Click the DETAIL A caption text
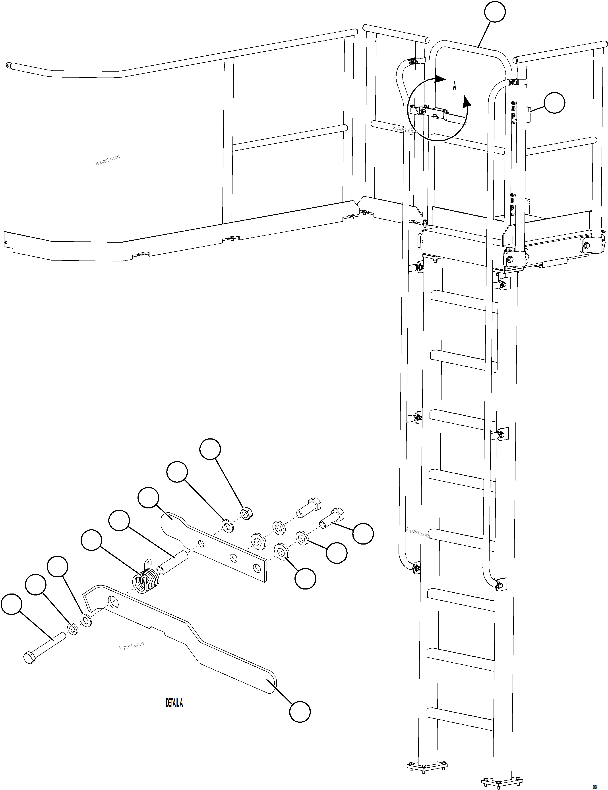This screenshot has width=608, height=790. point(174,703)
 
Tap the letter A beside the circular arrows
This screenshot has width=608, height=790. point(454,86)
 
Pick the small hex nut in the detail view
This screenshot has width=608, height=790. point(246,513)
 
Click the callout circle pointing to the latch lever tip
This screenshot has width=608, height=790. point(300,712)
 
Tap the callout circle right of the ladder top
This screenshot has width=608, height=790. point(554,103)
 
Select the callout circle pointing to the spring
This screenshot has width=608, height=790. point(91,540)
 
